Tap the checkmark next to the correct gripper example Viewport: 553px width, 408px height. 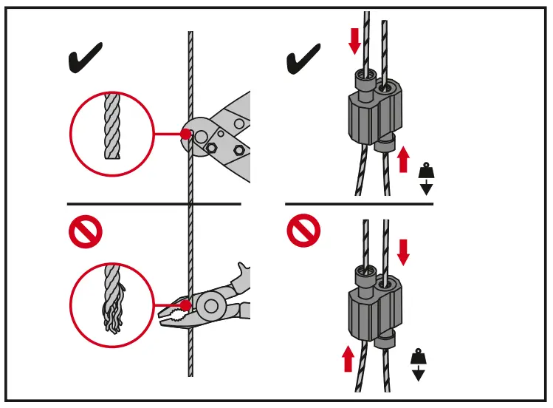click(303, 58)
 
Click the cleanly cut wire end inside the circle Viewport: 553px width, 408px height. click(111, 129)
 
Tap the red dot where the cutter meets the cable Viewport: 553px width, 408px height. click(186, 135)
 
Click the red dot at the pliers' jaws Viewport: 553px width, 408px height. click(185, 305)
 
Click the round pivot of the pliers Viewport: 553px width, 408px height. click(212, 305)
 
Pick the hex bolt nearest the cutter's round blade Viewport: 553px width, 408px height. click(211, 148)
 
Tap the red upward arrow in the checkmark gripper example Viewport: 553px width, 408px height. click(403, 159)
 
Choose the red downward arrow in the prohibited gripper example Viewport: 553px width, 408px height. click(403, 252)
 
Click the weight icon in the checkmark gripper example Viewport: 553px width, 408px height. click(426, 178)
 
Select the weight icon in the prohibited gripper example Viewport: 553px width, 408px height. click(419, 364)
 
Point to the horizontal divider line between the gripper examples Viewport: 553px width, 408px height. click(359, 203)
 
